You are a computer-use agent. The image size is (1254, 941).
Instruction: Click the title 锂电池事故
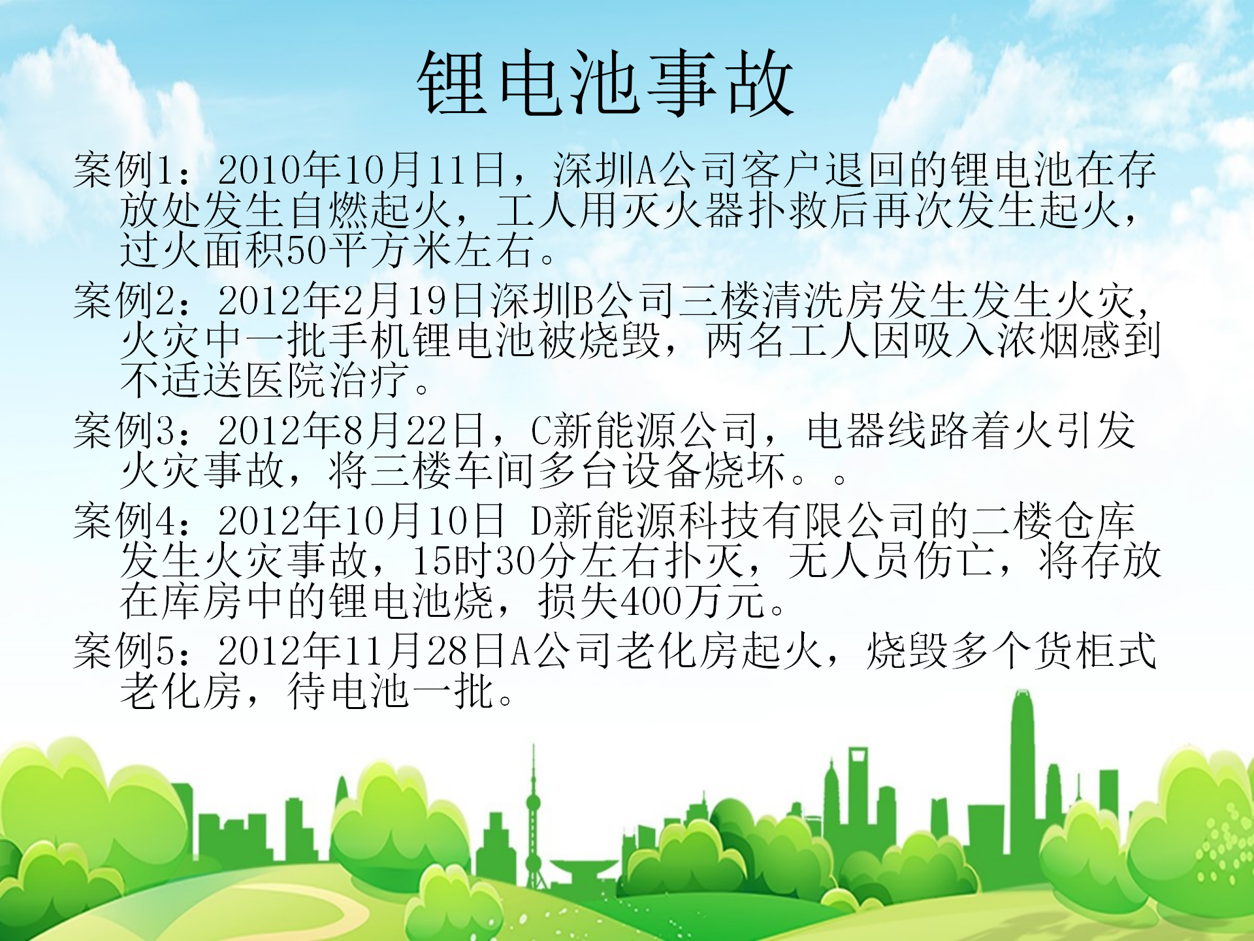click(605, 83)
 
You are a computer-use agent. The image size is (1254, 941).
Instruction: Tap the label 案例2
click(123, 301)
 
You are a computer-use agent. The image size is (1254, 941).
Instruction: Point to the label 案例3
click(123, 431)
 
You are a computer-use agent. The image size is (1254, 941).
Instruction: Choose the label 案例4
click(123, 521)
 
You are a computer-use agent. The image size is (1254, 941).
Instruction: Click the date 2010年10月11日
click(362, 170)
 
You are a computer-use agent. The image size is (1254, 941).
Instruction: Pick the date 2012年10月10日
click(362, 521)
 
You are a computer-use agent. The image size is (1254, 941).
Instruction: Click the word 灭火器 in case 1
click(683, 210)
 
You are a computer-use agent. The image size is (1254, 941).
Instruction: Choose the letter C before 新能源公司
click(541, 431)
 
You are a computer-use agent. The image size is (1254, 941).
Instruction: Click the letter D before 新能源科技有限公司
click(541, 521)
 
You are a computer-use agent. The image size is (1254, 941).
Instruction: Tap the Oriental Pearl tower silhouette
click(534, 817)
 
